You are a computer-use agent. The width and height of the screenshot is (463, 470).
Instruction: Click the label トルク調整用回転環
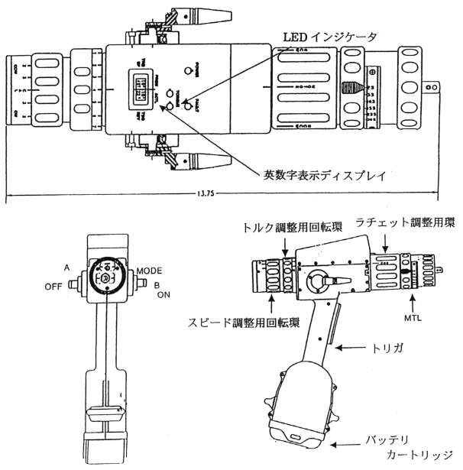[291, 226]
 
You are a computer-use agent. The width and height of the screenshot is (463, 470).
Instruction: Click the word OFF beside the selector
[53, 287]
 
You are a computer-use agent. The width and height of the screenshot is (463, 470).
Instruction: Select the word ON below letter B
[164, 294]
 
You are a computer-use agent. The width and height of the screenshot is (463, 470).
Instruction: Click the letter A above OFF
[67, 269]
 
